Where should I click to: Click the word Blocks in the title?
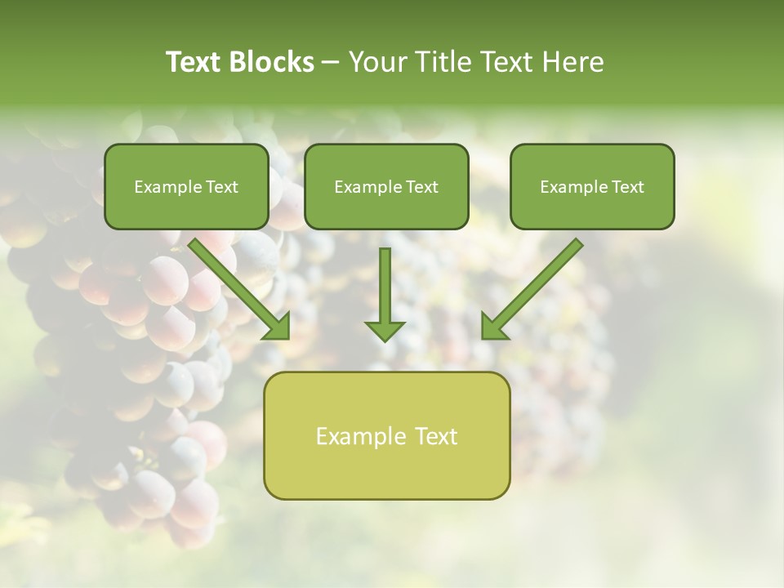[x=274, y=62]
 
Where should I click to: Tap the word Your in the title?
[x=376, y=62]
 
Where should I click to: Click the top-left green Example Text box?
[x=186, y=186]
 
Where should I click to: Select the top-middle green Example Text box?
[x=386, y=186]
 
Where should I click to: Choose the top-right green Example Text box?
[x=592, y=186]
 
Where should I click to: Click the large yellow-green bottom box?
[x=386, y=435]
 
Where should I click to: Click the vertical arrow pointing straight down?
[x=385, y=290]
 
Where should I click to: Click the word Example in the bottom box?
[x=357, y=436]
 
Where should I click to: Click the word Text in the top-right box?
[x=627, y=187]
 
